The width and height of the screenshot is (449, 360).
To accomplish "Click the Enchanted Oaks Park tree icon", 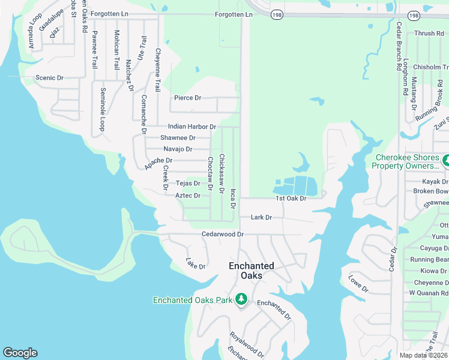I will [241, 299].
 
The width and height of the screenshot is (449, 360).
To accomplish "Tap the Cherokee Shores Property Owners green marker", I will [446, 161].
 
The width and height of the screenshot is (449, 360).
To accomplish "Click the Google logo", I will [20, 353].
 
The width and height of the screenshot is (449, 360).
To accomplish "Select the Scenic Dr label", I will [49, 78].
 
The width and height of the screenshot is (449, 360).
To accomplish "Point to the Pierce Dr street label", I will [187, 98].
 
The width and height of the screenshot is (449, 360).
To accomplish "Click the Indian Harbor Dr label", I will [191, 127].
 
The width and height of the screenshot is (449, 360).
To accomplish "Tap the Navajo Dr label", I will [178, 149].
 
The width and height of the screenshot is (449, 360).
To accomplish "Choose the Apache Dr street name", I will [158, 161].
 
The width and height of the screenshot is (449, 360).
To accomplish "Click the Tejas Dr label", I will [187, 184].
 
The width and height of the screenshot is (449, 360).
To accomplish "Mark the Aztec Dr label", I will [187, 196].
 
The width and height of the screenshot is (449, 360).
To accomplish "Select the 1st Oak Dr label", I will [291, 199].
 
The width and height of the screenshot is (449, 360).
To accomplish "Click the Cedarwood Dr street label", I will [222, 234].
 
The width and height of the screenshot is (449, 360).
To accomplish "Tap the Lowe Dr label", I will [358, 284].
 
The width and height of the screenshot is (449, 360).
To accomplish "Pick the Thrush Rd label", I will [429, 34].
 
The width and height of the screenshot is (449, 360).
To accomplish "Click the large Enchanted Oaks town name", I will [252, 271].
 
